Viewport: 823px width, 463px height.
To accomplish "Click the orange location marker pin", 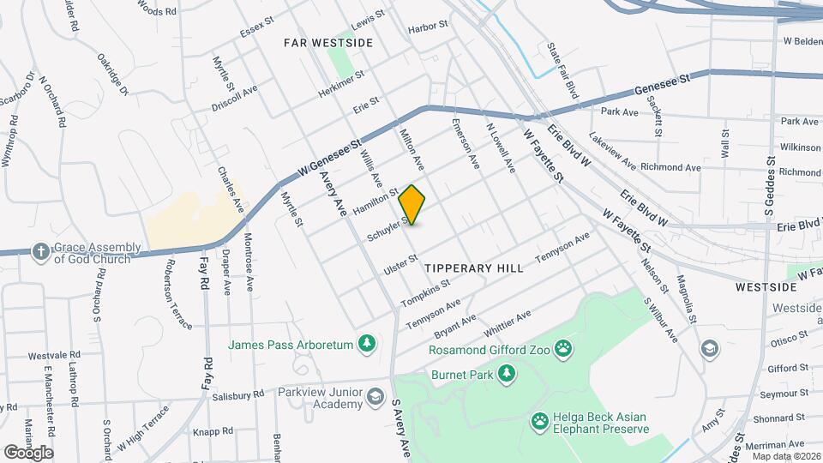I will (412, 205).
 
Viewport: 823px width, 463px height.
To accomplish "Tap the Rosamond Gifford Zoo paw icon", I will (562, 347).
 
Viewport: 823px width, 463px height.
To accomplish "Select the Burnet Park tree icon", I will (508, 372).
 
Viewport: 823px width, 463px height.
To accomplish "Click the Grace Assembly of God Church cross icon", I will (40, 251).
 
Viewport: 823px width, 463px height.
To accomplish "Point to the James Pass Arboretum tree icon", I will (367, 344).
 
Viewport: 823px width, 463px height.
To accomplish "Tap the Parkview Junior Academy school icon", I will (375, 396).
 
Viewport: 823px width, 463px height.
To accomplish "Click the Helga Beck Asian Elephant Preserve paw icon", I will (540, 419).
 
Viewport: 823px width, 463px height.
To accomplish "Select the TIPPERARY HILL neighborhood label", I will (474, 268).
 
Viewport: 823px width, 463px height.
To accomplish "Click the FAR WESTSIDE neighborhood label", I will (328, 42).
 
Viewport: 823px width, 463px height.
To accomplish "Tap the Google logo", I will (29, 452).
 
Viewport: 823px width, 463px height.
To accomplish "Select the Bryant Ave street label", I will (455, 325).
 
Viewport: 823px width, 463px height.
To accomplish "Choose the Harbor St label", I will (429, 27).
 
